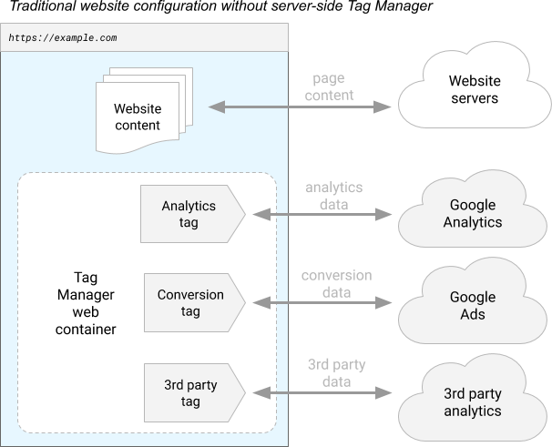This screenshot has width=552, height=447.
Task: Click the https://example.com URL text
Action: click(x=62, y=39)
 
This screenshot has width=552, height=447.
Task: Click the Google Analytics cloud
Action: click(x=473, y=214)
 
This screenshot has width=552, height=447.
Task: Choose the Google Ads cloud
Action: click(x=473, y=305)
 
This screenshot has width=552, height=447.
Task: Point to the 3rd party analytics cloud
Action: click(x=472, y=402)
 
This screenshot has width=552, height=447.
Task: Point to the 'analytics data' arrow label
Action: click(x=332, y=196)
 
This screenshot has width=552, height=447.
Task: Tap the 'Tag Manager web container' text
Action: click(x=81, y=303)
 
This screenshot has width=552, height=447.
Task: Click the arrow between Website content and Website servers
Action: click(x=301, y=107)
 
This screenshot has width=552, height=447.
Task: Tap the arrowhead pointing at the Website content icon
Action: click(x=216, y=107)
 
